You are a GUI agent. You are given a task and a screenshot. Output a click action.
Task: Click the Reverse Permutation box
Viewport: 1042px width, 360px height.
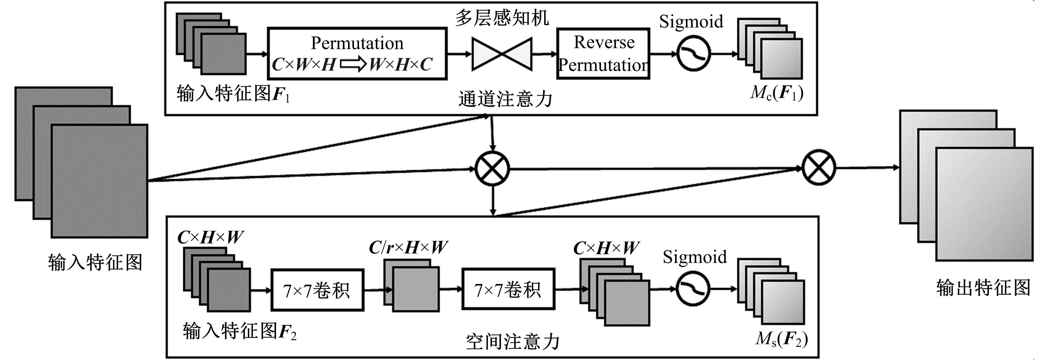(x=603, y=53)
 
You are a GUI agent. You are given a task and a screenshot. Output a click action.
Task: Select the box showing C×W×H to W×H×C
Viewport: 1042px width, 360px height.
(x=357, y=53)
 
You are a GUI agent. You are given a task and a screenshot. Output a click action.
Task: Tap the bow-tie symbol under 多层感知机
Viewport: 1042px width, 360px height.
(x=502, y=54)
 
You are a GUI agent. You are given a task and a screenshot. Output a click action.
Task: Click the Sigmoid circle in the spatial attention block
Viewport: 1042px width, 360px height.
(x=693, y=289)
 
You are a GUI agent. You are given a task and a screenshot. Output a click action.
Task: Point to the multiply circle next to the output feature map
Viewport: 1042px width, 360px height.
(x=819, y=168)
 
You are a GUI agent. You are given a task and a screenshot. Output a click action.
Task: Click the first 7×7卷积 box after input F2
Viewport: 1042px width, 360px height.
(x=317, y=290)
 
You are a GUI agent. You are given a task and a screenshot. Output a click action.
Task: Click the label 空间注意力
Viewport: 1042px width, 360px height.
(x=513, y=342)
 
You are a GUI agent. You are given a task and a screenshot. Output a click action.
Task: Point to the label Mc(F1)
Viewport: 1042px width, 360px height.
(x=777, y=93)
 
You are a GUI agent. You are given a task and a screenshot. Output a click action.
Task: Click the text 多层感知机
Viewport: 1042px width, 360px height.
(x=502, y=18)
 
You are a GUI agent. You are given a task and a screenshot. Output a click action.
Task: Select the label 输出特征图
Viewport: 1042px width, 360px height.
(x=983, y=288)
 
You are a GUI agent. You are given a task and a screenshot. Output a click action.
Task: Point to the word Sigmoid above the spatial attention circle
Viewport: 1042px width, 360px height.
(x=695, y=257)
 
